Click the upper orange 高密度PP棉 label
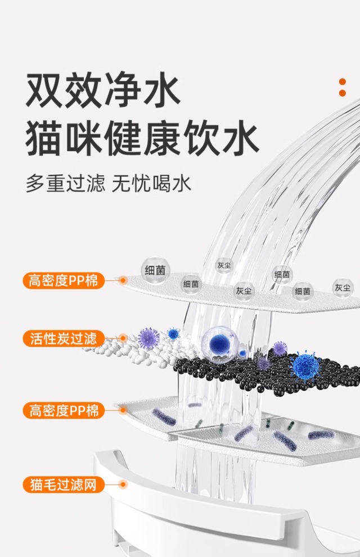[64, 280]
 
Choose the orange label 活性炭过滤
[64, 338]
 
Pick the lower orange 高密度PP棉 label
[64, 410]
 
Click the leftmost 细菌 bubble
[155, 270]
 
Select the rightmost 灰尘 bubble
[343, 288]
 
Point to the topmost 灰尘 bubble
[224, 265]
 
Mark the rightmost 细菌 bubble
[303, 291]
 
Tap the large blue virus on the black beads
[305, 365]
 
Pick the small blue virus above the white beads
[173, 333]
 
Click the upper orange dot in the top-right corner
[343, 82]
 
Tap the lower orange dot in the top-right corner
[343, 94]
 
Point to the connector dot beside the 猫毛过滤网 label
[123, 484]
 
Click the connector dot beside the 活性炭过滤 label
[123, 338]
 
